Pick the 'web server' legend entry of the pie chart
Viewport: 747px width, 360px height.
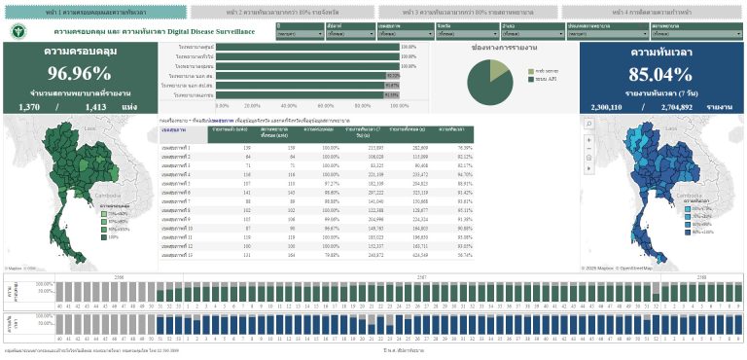[x=542, y=71]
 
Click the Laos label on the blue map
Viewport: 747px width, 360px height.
[x=654, y=127]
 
